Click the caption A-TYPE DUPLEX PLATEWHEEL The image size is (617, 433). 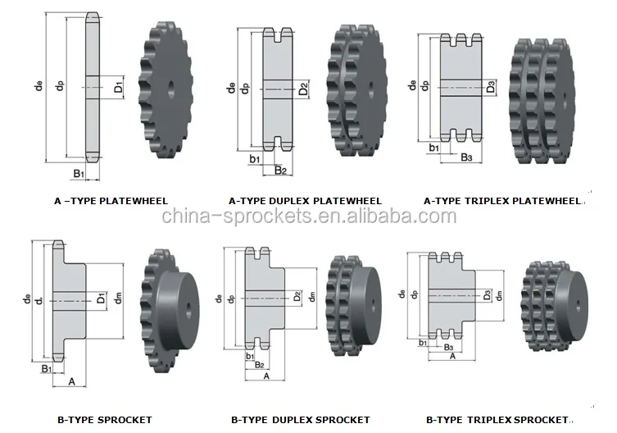[x=305, y=199]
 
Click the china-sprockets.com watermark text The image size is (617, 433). [x=308, y=216]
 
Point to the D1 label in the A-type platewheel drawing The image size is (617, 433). [x=119, y=86]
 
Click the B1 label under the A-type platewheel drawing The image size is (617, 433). [x=79, y=174]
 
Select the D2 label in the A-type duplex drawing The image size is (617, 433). [x=303, y=88]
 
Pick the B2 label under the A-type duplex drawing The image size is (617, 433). [x=280, y=171]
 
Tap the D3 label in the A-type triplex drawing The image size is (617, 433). [x=491, y=85]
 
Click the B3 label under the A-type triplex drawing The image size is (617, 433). [x=466, y=156]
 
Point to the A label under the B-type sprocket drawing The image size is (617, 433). [x=71, y=381]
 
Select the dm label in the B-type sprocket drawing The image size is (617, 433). [x=119, y=300]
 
